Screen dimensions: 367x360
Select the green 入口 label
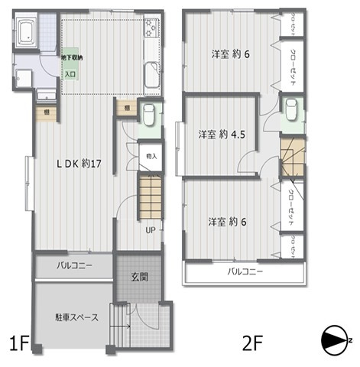point(79,75)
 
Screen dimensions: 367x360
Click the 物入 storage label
point(151,156)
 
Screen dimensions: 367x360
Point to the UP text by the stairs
point(151,229)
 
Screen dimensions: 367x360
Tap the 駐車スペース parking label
point(76,317)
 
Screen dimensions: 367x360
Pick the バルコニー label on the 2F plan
point(245,272)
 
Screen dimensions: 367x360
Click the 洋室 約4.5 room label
point(219,135)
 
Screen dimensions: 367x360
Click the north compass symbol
point(336,339)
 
